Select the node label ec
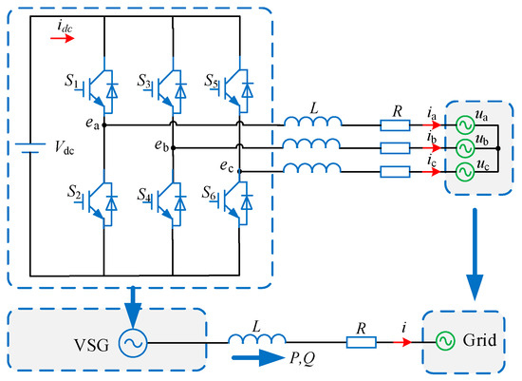231,164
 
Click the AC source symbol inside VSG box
131,336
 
